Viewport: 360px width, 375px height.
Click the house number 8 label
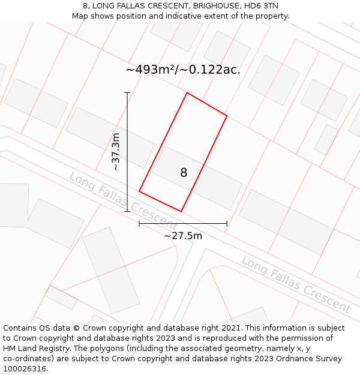[x=184, y=173]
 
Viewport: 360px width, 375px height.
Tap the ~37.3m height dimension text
[x=116, y=152]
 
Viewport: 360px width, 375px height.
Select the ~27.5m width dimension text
[x=183, y=236]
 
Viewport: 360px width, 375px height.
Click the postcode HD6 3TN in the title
[x=261, y=6]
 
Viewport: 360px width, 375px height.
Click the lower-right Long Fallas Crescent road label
[x=296, y=284]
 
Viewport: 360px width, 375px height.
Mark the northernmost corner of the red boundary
[x=187, y=93]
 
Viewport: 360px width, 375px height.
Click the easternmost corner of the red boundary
[x=227, y=115]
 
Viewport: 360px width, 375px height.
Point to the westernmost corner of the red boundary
[x=139, y=191]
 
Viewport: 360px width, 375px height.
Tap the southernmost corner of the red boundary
[x=181, y=211]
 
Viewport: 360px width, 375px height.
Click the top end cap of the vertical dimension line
[x=127, y=92]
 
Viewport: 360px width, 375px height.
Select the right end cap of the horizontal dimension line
[x=227, y=223]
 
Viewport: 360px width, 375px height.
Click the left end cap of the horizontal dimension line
[x=139, y=223]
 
